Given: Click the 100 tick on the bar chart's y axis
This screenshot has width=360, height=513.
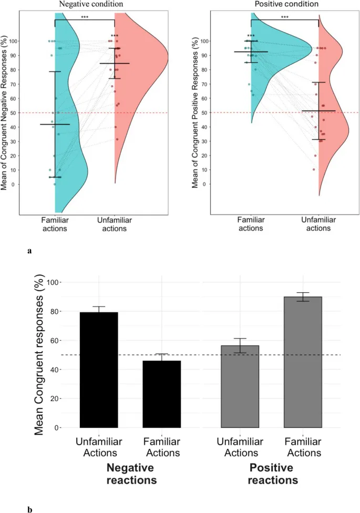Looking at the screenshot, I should point(55,282).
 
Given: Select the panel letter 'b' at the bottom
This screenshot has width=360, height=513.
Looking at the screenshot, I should point(29,509).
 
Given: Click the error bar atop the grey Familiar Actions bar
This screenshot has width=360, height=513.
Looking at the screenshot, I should point(303,296).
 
